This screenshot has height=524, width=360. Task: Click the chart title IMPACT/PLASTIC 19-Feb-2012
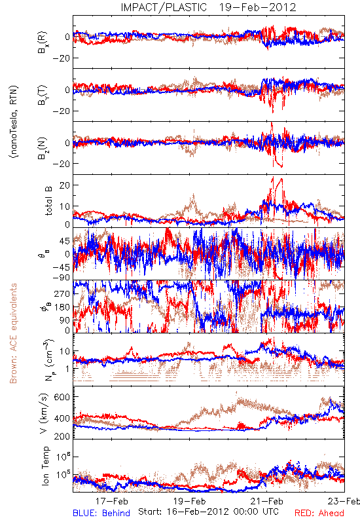coord(208,7)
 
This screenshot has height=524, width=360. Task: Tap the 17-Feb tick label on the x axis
coord(111,501)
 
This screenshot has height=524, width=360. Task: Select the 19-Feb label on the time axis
coord(189,501)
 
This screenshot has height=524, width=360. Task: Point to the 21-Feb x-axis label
coord(267,501)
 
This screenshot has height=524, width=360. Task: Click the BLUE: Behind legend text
coord(101,513)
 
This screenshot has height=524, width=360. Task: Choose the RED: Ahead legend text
coord(319,513)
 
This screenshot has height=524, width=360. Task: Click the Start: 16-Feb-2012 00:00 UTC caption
coord(208,512)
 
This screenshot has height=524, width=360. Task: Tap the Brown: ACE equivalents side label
coord(13,333)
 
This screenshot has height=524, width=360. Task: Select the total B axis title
coord(48,201)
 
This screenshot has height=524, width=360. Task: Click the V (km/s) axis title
coord(44,413)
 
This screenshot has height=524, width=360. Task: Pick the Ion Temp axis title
coord(45,466)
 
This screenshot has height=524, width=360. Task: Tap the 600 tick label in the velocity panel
coord(62,397)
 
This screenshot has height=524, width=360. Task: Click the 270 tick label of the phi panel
coord(62,293)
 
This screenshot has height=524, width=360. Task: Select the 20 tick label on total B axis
coord(65,185)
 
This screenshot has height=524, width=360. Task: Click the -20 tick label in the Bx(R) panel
coord(61,58)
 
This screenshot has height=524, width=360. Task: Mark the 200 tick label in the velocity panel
coord(62,436)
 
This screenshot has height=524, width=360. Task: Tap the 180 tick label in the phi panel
coord(62,307)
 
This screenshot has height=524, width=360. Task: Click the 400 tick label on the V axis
coord(62,418)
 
